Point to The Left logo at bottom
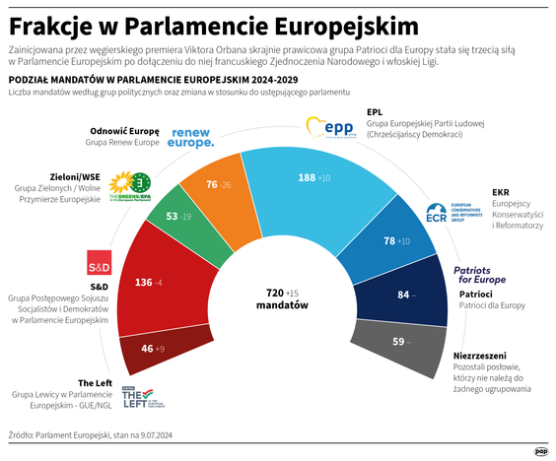pyautogui.click(x=147, y=396)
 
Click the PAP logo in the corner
pyautogui.click(x=540, y=451)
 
